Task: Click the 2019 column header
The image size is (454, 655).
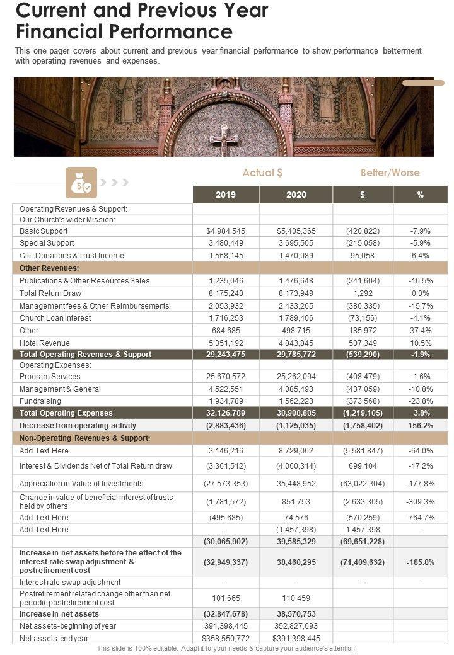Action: point(226,195)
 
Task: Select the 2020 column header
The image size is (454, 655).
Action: point(296,195)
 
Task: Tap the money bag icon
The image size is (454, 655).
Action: point(81,183)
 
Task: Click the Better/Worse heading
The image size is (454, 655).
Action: point(390,173)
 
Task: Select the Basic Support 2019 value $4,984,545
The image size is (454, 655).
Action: point(226,231)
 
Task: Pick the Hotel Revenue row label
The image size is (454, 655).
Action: point(45,343)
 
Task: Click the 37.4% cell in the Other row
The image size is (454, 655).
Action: point(420,330)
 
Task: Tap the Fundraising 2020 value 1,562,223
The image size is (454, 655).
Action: point(296,401)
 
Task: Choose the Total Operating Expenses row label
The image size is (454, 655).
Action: point(66,413)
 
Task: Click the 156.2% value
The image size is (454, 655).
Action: point(420,426)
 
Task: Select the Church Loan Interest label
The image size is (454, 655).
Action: point(55,318)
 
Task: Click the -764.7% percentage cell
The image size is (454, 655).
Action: point(420,518)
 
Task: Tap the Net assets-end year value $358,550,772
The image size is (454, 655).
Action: point(226,638)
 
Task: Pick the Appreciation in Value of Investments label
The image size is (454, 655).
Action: point(81,484)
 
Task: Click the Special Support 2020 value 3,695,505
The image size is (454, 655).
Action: point(296,243)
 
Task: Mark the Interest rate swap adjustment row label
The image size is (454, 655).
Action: point(70,582)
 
